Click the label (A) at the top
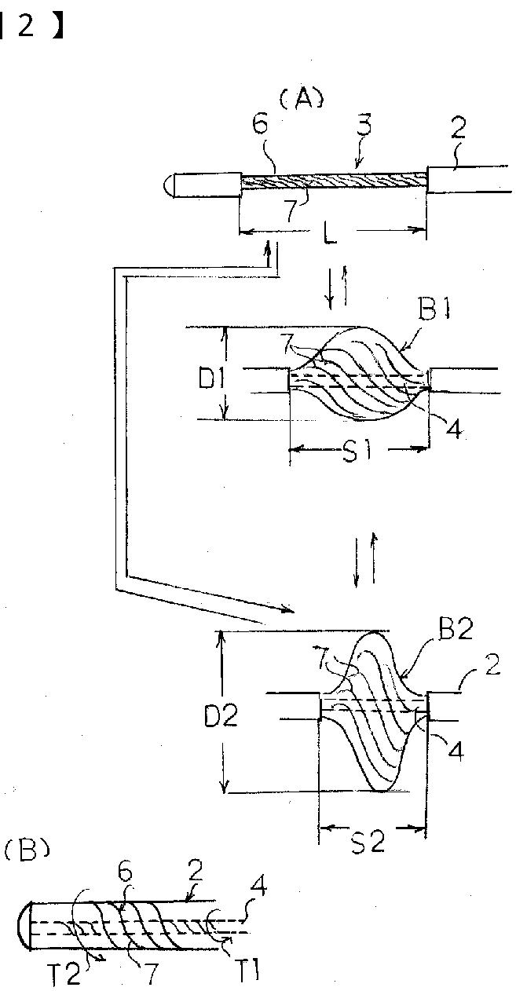pyautogui.click(x=302, y=98)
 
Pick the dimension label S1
pyautogui.click(x=357, y=452)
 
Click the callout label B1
pyautogui.click(x=434, y=311)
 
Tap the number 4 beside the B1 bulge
pyautogui.click(x=454, y=427)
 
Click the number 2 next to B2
pyautogui.click(x=491, y=664)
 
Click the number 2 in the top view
pyautogui.click(x=458, y=128)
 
